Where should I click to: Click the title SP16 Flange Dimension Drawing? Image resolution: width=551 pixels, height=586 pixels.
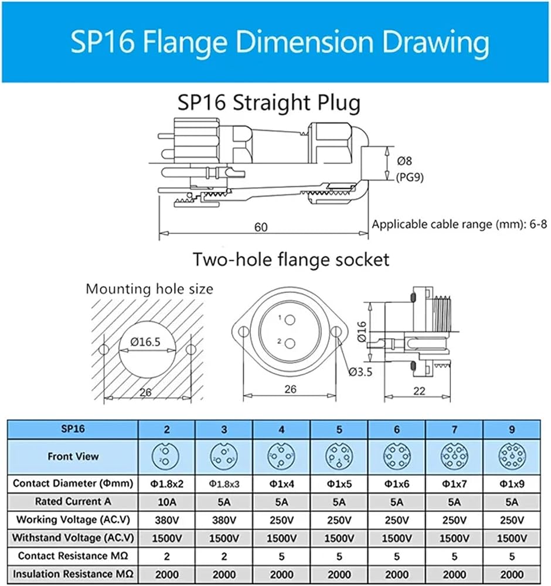(x=280, y=42)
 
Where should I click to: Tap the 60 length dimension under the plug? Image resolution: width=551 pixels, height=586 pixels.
(x=260, y=227)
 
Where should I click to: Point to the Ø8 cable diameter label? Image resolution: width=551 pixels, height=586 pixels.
(x=404, y=161)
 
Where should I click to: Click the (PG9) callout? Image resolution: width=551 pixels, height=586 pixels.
(x=410, y=177)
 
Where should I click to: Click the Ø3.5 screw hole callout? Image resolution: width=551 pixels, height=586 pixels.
(x=360, y=372)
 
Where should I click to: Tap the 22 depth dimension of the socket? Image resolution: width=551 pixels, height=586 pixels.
(x=419, y=390)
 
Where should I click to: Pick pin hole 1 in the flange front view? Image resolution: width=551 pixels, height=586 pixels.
(x=290, y=320)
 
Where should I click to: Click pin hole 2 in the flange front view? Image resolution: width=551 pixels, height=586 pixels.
(x=290, y=343)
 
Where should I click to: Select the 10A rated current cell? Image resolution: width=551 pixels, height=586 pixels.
(x=166, y=502)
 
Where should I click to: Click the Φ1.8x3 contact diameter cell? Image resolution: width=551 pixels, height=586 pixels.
(x=224, y=484)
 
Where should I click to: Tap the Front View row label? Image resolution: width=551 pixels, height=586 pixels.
(x=73, y=456)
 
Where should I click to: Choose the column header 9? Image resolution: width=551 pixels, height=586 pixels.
(x=512, y=430)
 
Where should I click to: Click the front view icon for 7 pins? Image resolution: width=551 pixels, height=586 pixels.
(x=454, y=456)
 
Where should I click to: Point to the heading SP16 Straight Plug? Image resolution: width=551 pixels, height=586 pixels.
(x=269, y=103)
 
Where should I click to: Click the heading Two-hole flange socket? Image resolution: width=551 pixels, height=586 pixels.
(x=291, y=260)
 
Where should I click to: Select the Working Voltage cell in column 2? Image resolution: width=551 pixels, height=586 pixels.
(x=166, y=520)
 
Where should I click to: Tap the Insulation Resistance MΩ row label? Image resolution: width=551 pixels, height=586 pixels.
(x=73, y=574)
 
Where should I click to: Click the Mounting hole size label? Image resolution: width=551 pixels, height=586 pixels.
(x=149, y=289)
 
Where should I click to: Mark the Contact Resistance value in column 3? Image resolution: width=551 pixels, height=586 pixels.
(x=224, y=557)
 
